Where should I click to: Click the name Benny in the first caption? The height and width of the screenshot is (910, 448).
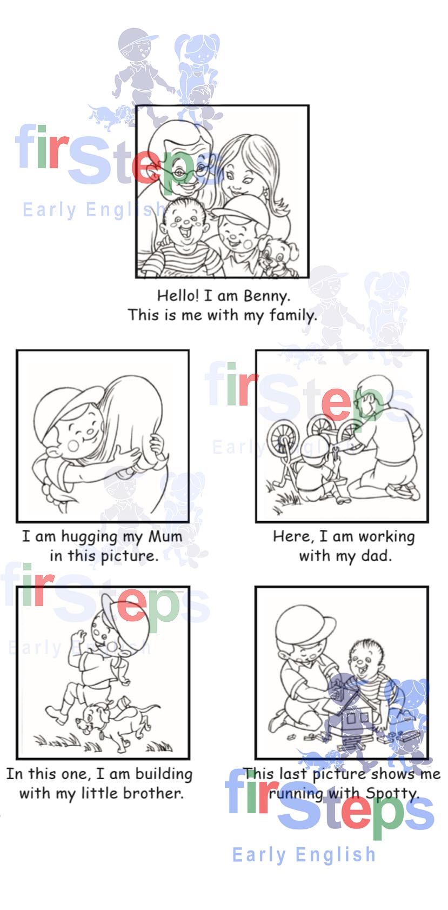coord(266,296)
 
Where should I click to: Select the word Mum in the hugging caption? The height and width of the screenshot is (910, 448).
coord(165,537)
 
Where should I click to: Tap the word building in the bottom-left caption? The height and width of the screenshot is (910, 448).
coord(164,774)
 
